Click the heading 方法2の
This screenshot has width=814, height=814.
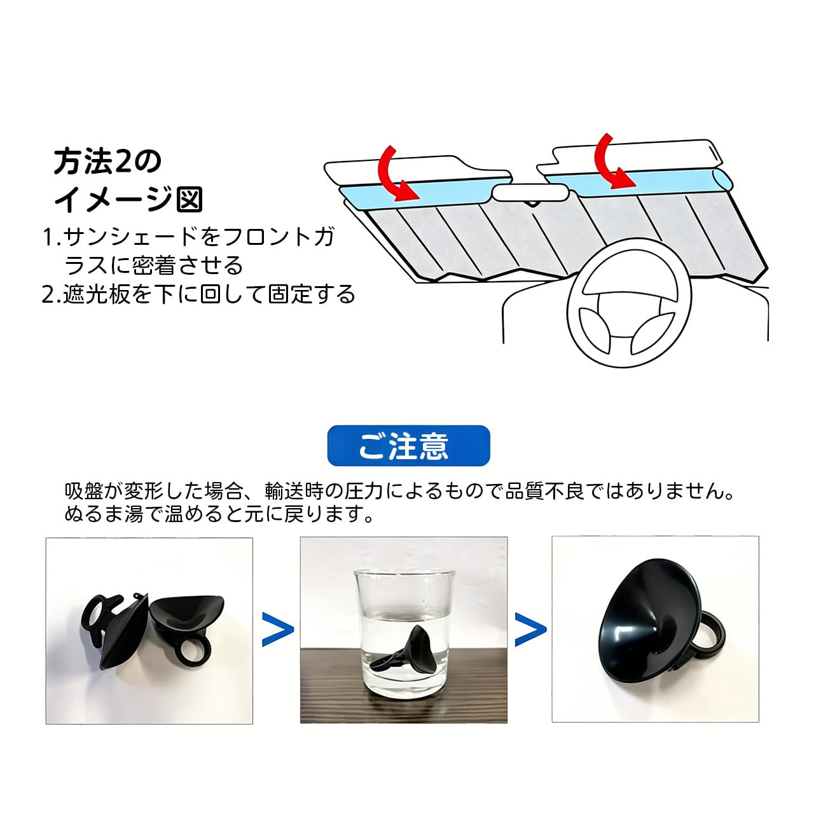(x=107, y=163)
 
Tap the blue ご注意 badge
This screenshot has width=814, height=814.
(x=408, y=446)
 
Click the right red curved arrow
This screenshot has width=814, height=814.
(x=611, y=162)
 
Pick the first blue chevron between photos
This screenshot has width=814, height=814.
(x=278, y=630)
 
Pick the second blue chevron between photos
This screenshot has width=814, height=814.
(x=530, y=630)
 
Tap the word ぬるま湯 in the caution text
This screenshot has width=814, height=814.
(x=102, y=513)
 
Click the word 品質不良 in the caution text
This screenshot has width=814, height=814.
(x=544, y=492)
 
